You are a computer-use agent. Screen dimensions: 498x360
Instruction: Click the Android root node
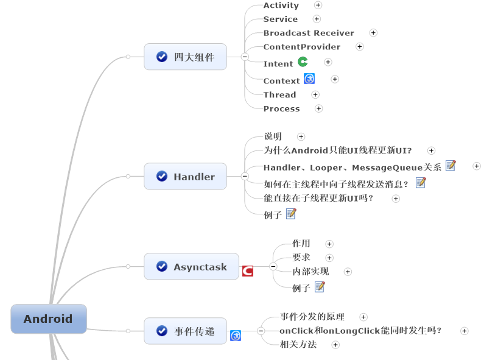49,319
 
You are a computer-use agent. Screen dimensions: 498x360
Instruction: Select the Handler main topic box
185,177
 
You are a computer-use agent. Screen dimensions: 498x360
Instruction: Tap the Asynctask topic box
191,267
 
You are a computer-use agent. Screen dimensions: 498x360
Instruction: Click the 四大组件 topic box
185,57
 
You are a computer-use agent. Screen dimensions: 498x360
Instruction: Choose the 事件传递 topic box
185,331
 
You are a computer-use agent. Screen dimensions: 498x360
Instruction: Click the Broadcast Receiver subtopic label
309,33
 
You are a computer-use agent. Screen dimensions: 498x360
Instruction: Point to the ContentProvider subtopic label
302,47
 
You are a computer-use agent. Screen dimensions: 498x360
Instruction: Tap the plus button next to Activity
318,5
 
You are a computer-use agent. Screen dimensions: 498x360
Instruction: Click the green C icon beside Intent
303,62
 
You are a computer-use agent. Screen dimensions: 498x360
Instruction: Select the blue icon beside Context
309,79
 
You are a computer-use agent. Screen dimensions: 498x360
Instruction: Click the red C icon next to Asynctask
248,271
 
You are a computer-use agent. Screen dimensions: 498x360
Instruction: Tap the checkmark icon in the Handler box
162,177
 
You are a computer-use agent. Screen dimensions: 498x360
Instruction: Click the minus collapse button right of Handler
245,177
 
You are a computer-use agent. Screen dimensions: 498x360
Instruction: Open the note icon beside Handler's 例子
291,214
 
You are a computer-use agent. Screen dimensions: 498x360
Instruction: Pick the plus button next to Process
318,108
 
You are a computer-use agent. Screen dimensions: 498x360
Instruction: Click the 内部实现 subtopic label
310,271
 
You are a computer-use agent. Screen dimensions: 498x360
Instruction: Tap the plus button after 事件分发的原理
363,317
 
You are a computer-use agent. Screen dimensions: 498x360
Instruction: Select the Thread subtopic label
279,94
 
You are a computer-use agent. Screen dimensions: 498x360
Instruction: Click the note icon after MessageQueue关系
451,166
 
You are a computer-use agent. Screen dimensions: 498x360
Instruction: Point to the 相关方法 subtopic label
298,345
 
